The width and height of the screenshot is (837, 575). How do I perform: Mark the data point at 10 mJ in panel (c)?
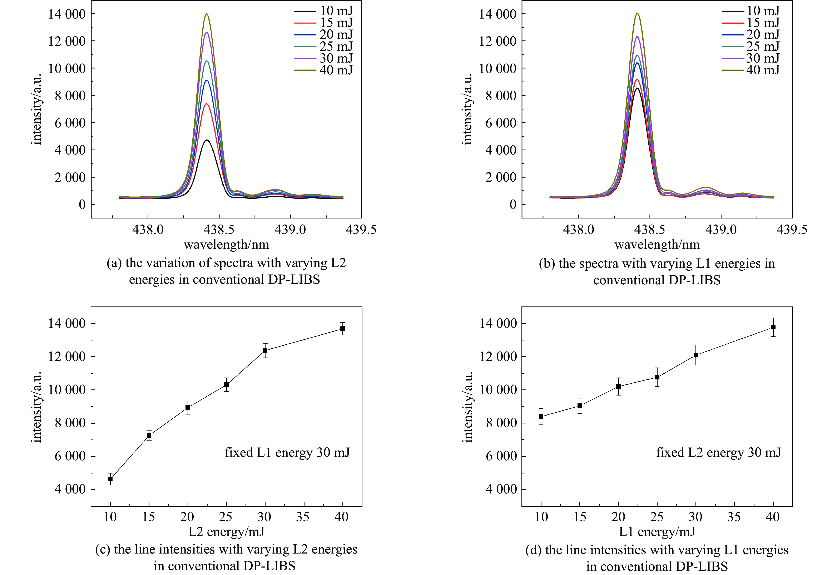[x=110, y=479]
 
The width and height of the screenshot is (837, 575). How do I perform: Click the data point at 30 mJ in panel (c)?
[x=265, y=350]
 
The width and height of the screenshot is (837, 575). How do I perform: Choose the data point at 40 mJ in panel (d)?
[x=773, y=327]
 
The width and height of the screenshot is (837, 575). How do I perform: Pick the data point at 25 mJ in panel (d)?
[x=657, y=377]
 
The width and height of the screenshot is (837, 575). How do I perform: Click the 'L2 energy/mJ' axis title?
[x=226, y=531]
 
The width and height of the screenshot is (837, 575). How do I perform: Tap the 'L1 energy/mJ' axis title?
[x=657, y=531]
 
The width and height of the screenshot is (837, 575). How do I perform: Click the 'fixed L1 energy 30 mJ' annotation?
[x=287, y=452]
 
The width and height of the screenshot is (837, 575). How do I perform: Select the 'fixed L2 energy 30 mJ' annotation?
[x=718, y=452]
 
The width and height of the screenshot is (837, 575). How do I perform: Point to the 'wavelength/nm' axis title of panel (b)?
[x=657, y=245]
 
